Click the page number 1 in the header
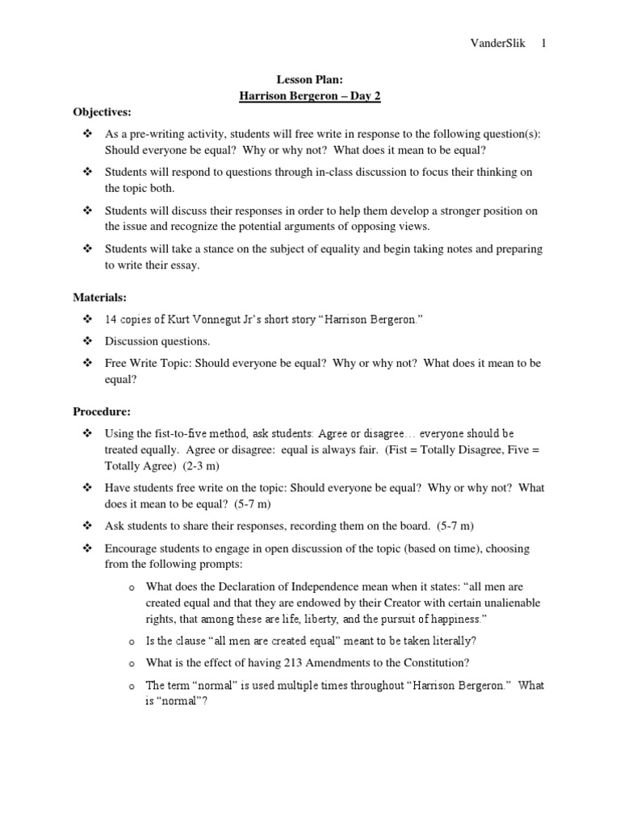point(543,44)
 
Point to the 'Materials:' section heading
point(99,298)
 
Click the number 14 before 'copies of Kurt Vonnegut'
point(111,319)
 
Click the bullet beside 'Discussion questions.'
point(88,341)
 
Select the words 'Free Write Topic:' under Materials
point(146,363)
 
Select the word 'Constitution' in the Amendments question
point(430,662)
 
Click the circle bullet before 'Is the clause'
point(131,641)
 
